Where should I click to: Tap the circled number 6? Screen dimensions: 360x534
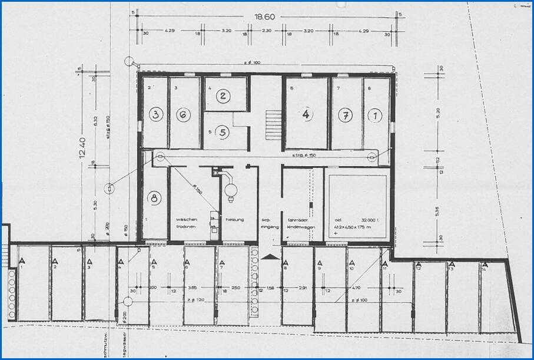(184, 115)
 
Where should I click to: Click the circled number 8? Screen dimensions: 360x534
(155, 199)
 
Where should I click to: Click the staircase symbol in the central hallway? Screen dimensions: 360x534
(273, 124)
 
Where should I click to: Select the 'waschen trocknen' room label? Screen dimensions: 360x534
(186, 223)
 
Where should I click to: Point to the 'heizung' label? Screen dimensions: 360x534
(234, 219)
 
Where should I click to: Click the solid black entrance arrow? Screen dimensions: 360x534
(270, 256)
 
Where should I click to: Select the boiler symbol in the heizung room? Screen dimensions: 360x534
(231, 187)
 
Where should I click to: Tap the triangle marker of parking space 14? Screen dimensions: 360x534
(484, 264)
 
